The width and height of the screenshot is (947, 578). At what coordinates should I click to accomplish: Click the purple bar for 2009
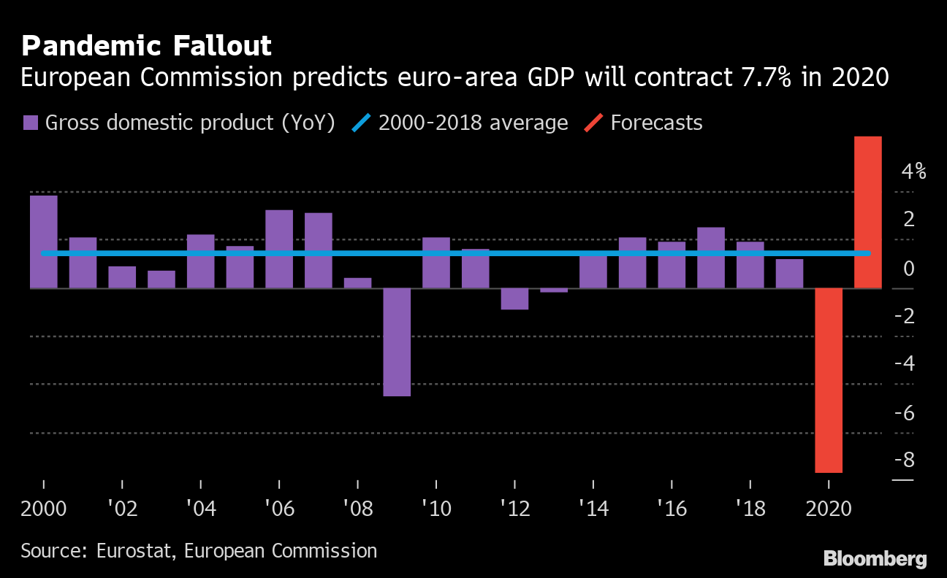click(397, 342)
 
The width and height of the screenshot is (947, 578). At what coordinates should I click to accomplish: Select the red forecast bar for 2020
click(829, 380)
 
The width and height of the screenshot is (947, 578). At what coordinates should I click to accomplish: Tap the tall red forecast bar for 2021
click(868, 212)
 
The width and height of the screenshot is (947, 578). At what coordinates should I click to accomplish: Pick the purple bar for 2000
click(43, 242)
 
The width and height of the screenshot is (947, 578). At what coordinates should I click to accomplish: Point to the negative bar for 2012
click(514, 298)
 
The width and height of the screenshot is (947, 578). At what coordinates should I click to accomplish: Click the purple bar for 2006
click(279, 249)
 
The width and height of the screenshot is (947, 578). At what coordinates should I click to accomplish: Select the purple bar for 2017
click(711, 258)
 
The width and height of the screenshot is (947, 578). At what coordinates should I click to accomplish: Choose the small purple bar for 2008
click(357, 283)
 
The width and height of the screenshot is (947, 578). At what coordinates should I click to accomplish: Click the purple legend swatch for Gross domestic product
click(31, 123)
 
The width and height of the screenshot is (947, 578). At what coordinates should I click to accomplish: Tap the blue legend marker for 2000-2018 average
click(364, 123)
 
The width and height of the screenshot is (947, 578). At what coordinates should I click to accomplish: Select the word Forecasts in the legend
click(656, 123)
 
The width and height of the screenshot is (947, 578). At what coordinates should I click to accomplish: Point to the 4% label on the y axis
click(913, 172)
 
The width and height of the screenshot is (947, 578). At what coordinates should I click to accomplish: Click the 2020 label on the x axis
click(829, 509)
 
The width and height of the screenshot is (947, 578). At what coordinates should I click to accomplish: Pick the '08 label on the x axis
click(357, 509)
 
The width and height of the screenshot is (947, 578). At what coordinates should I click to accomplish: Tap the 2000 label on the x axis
click(43, 509)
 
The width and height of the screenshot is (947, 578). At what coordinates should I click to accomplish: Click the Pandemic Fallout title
click(146, 46)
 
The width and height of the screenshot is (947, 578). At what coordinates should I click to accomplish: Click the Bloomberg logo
click(875, 559)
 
